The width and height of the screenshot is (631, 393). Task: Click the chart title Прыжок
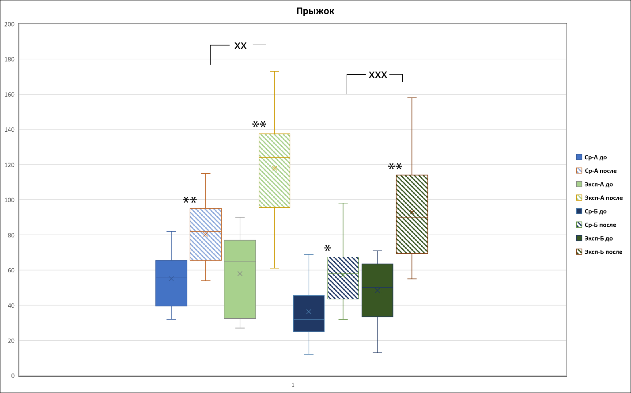[x=315, y=11]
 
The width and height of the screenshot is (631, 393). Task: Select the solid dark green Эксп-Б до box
[x=377, y=305]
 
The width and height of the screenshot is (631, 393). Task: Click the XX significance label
[x=240, y=46]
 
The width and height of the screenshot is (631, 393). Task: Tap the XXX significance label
[x=378, y=75]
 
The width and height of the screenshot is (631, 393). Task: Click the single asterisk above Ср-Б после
[x=327, y=248]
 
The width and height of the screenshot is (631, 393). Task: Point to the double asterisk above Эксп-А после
[x=259, y=125]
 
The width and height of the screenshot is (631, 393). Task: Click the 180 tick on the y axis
[x=9, y=59]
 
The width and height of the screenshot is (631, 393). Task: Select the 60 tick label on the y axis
[x=11, y=270]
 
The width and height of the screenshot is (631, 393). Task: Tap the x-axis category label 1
[x=293, y=385]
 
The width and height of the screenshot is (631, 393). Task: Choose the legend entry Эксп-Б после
[x=603, y=252]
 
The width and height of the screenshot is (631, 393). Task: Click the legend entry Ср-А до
[x=595, y=157]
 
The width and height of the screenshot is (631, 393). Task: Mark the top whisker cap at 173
[x=274, y=71]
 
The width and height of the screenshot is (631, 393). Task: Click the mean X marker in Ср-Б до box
[x=309, y=312]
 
